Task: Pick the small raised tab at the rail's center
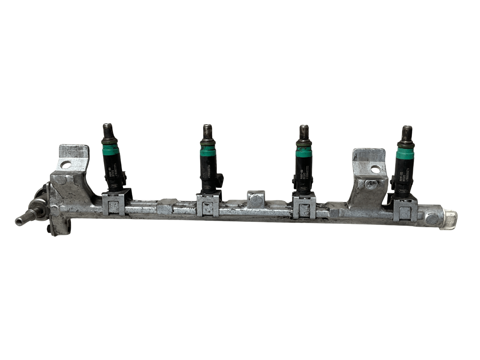click(256, 199)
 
